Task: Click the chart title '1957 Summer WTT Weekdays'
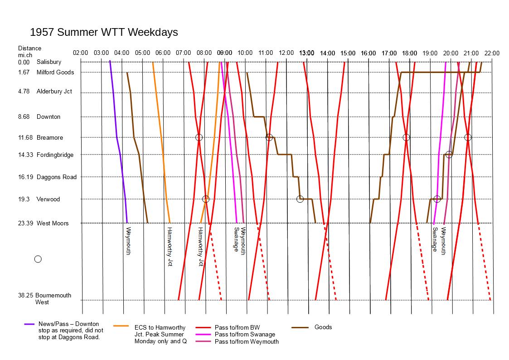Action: [104, 32]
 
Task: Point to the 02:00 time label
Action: [80, 53]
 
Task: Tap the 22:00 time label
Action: [492, 53]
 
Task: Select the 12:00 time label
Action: [286, 53]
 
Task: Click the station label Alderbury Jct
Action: [54, 92]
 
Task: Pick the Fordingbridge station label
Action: [55, 155]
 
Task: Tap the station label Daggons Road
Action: [57, 177]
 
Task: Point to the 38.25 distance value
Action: [25, 295]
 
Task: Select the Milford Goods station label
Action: [55, 72]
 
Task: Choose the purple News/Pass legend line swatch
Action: [29, 324]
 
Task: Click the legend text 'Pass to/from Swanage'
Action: [245, 334]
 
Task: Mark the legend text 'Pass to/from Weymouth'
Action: [247, 341]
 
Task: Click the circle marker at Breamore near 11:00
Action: [269, 137]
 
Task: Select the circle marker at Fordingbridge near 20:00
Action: [449, 155]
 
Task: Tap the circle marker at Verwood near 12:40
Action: [300, 199]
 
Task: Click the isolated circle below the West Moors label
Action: [38, 259]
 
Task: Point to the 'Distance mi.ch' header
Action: [29, 51]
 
